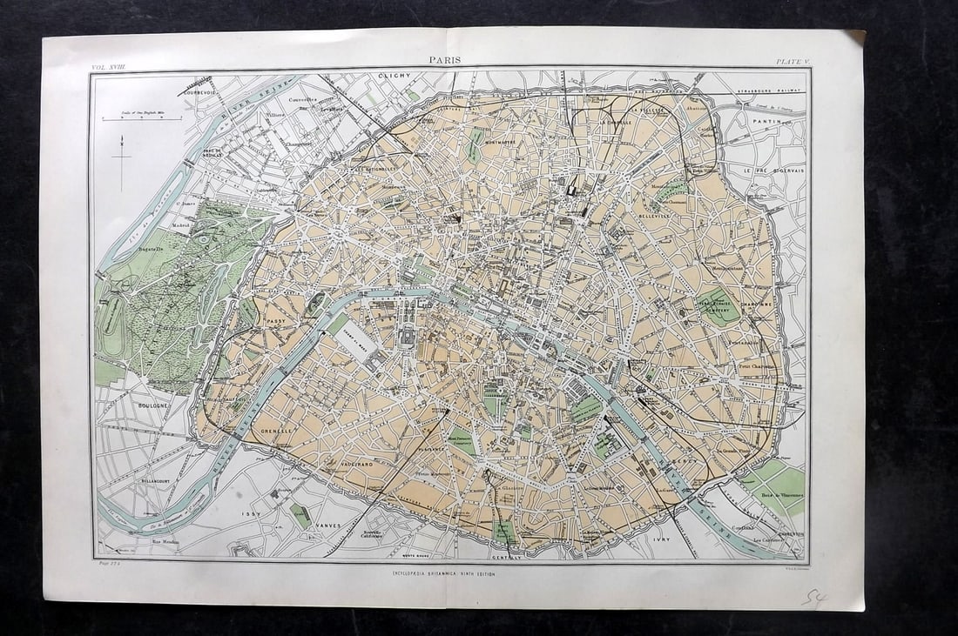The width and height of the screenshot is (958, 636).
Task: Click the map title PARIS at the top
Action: (445, 61)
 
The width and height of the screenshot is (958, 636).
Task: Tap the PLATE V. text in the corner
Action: (793, 61)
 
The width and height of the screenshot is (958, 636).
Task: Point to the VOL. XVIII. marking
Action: (107, 67)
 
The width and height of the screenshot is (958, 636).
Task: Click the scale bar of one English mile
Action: (142, 117)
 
